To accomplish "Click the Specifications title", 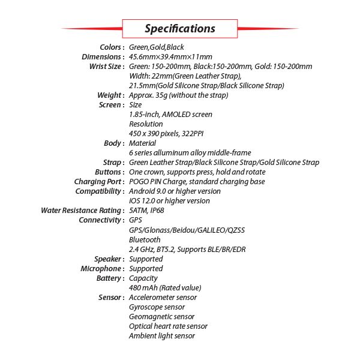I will (180, 28).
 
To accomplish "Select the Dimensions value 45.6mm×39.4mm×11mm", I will (170, 56).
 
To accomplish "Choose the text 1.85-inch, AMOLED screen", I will (170, 114).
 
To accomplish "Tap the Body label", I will (115, 143).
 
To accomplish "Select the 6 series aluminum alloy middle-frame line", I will (190, 152).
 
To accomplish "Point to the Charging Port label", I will (100, 181).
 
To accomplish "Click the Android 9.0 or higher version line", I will (175, 191).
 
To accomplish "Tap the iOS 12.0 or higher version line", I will (169, 200).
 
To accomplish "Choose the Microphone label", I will (103, 268).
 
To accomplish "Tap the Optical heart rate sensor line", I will (168, 326).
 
